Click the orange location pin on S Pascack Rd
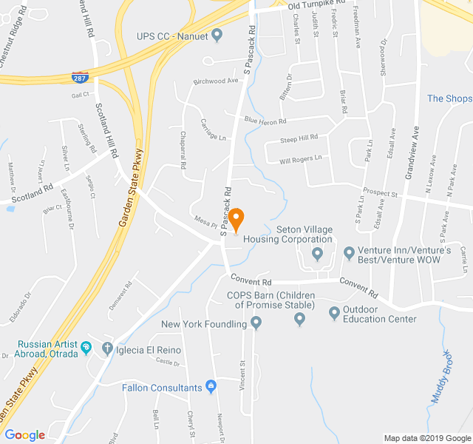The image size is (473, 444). [x=236, y=220]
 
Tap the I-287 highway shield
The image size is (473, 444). [x=78, y=77]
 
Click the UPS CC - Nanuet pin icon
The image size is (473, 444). [x=217, y=34]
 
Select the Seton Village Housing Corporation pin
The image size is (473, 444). [x=318, y=255]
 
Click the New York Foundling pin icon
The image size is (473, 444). [x=256, y=323]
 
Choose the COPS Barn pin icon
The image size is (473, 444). [x=299, y=319]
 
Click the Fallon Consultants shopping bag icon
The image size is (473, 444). [x=211, y=386]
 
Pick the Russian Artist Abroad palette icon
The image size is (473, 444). [x=86, y=346]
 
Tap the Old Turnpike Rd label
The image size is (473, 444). [x=317, y=5]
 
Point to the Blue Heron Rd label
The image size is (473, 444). [x=265, y=120]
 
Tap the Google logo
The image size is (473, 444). [x=24, y=435]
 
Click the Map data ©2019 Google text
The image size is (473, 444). [x=426, y=438]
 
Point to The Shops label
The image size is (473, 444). [x=449, y=98]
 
